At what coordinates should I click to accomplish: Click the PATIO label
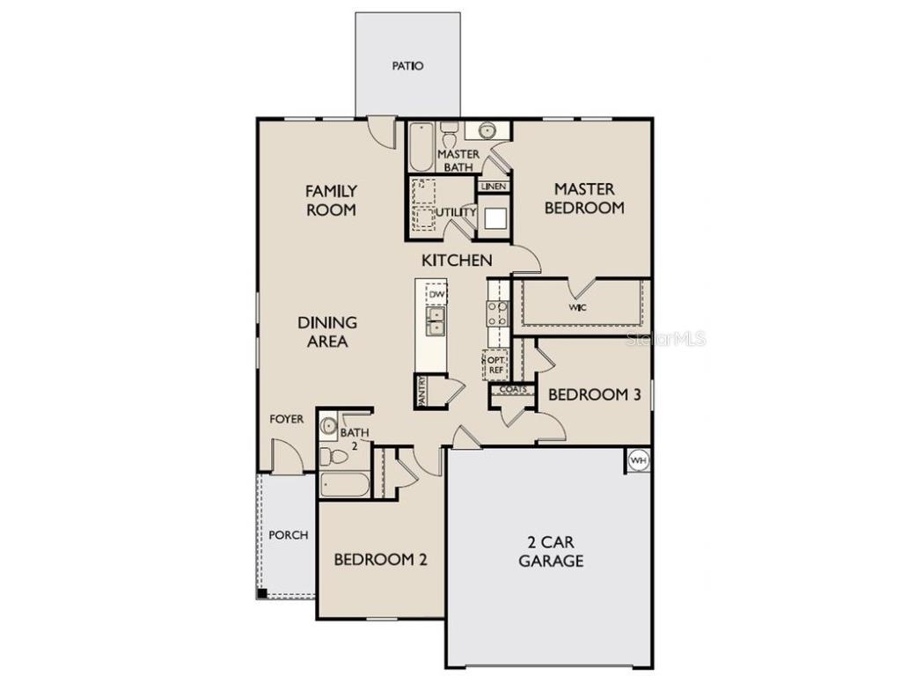click(x=407, y=66)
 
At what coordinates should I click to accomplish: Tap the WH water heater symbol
click(x=638, y=460)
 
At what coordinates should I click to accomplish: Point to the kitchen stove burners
click(x=498, y=313)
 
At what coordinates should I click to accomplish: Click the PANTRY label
click(x=422, y=392)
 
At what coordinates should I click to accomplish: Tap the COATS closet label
click(x=513, y=389)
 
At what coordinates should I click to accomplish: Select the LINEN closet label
click(x=493, y=187)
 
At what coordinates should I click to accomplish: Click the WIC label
click(x=577, y=307)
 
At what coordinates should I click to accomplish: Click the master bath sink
click(x=487, y=131)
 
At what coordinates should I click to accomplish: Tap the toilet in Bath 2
click(x=333, y=456)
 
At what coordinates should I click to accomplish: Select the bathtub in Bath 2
click(x=344, y=485)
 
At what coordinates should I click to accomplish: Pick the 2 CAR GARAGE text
click(x=551, y=551)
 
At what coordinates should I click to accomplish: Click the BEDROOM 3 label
click(x=594, y=394)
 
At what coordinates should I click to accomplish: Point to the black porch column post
click(x=262, y=593)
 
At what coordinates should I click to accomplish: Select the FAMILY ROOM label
click(x=331, y=200)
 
